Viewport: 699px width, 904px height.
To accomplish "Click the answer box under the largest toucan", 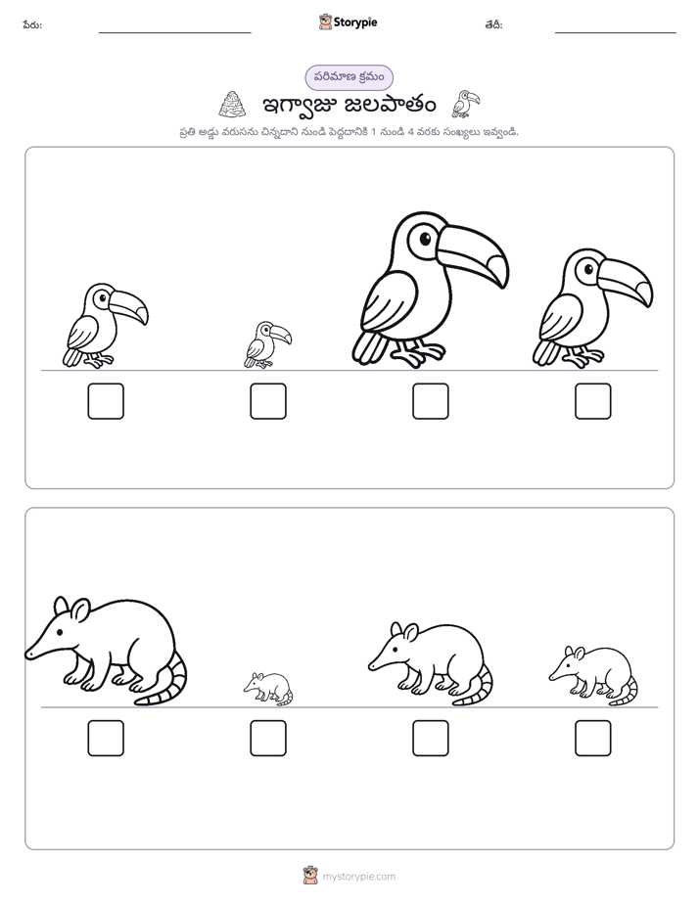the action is click(x=430, y=401).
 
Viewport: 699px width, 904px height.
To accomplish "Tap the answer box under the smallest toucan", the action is click(x=268, y=401).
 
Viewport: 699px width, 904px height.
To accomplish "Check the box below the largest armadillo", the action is click(x=106, y=738).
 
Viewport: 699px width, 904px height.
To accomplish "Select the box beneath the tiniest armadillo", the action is click(x=268, y=738).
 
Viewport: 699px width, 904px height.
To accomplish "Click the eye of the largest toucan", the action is click(x=425, y=238).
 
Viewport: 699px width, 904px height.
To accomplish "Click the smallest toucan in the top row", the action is click(x=267, y=344).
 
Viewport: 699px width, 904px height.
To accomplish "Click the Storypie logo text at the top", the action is click(x=355, y=23).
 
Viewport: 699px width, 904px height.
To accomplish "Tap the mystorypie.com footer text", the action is click(x=358, y=877).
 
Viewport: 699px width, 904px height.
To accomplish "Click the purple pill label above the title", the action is click(x=349, y=77).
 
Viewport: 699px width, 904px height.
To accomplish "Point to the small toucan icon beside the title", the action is click(x=465, y=104).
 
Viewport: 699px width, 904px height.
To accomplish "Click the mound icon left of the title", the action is click(x=232, y=105).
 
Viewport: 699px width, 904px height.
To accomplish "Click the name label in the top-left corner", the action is click(x=32, y=24).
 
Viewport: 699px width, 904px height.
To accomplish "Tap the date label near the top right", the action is click(x=493, y=24).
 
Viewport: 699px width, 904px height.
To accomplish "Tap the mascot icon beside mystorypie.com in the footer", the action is click(x=310, y=876).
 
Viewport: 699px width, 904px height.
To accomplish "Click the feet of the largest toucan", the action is click(x=420, y=353).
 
